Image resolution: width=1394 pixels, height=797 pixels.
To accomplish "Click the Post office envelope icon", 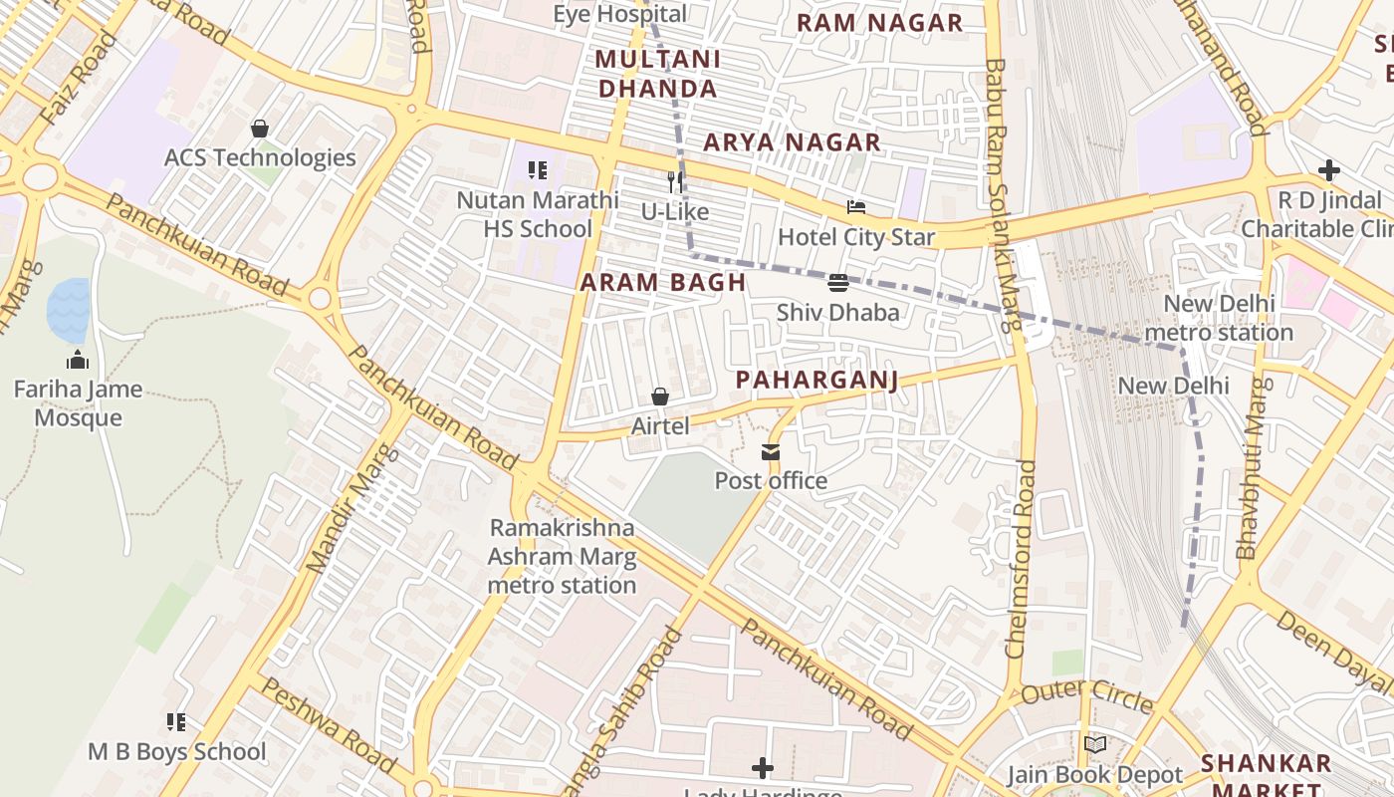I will [771, 452].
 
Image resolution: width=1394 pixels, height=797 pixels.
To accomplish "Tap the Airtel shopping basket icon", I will [659, 398].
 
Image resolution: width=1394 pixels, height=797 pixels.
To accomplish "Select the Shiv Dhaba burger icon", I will [837, 283].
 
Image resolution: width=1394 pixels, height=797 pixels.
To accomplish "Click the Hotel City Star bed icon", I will [855, 207].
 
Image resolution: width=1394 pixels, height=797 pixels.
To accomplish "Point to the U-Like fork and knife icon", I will [675, 181].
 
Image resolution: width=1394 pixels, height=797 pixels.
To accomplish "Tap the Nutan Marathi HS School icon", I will [538, 170].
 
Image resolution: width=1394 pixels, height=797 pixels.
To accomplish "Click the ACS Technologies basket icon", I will [260, 129].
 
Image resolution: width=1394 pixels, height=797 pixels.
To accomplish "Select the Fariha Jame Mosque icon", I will [78, 360].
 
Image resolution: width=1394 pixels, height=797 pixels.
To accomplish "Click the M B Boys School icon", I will [176, 721].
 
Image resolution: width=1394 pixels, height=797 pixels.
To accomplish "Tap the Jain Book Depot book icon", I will [1094, 744].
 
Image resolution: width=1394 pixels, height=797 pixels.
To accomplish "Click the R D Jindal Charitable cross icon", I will [1328, 170].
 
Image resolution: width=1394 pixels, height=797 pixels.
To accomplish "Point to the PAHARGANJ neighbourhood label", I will [816, 380].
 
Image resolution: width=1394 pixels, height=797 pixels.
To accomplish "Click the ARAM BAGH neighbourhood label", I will [663, 282].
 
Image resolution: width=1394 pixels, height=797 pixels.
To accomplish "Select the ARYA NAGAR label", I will [792, 142].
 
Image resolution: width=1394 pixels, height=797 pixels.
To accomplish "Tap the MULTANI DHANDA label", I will [657, 74].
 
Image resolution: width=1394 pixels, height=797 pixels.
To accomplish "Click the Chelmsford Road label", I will [1022, 558].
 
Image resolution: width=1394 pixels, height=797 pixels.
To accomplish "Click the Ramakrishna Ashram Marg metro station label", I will [562, 556].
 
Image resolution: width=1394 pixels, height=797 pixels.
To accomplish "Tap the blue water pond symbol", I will [69, 311].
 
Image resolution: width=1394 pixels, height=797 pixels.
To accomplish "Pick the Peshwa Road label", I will [329, 724].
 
